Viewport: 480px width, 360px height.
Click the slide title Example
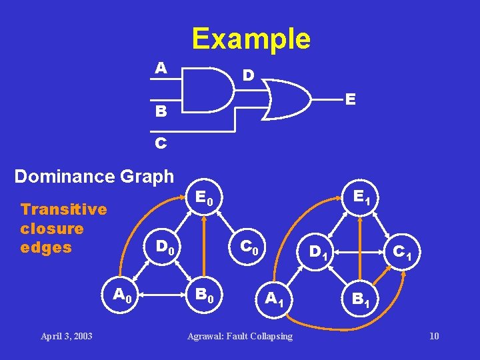tap(251, 39)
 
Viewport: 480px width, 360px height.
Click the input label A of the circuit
tap(160, 68)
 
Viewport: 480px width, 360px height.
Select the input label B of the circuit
tap(161, 111)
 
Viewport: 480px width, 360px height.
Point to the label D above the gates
tap(247, 75)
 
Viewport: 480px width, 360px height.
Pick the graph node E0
tap(205, 198)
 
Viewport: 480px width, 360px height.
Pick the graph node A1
tap(274, 299)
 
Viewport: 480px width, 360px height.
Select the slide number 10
tap(434, 335)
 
